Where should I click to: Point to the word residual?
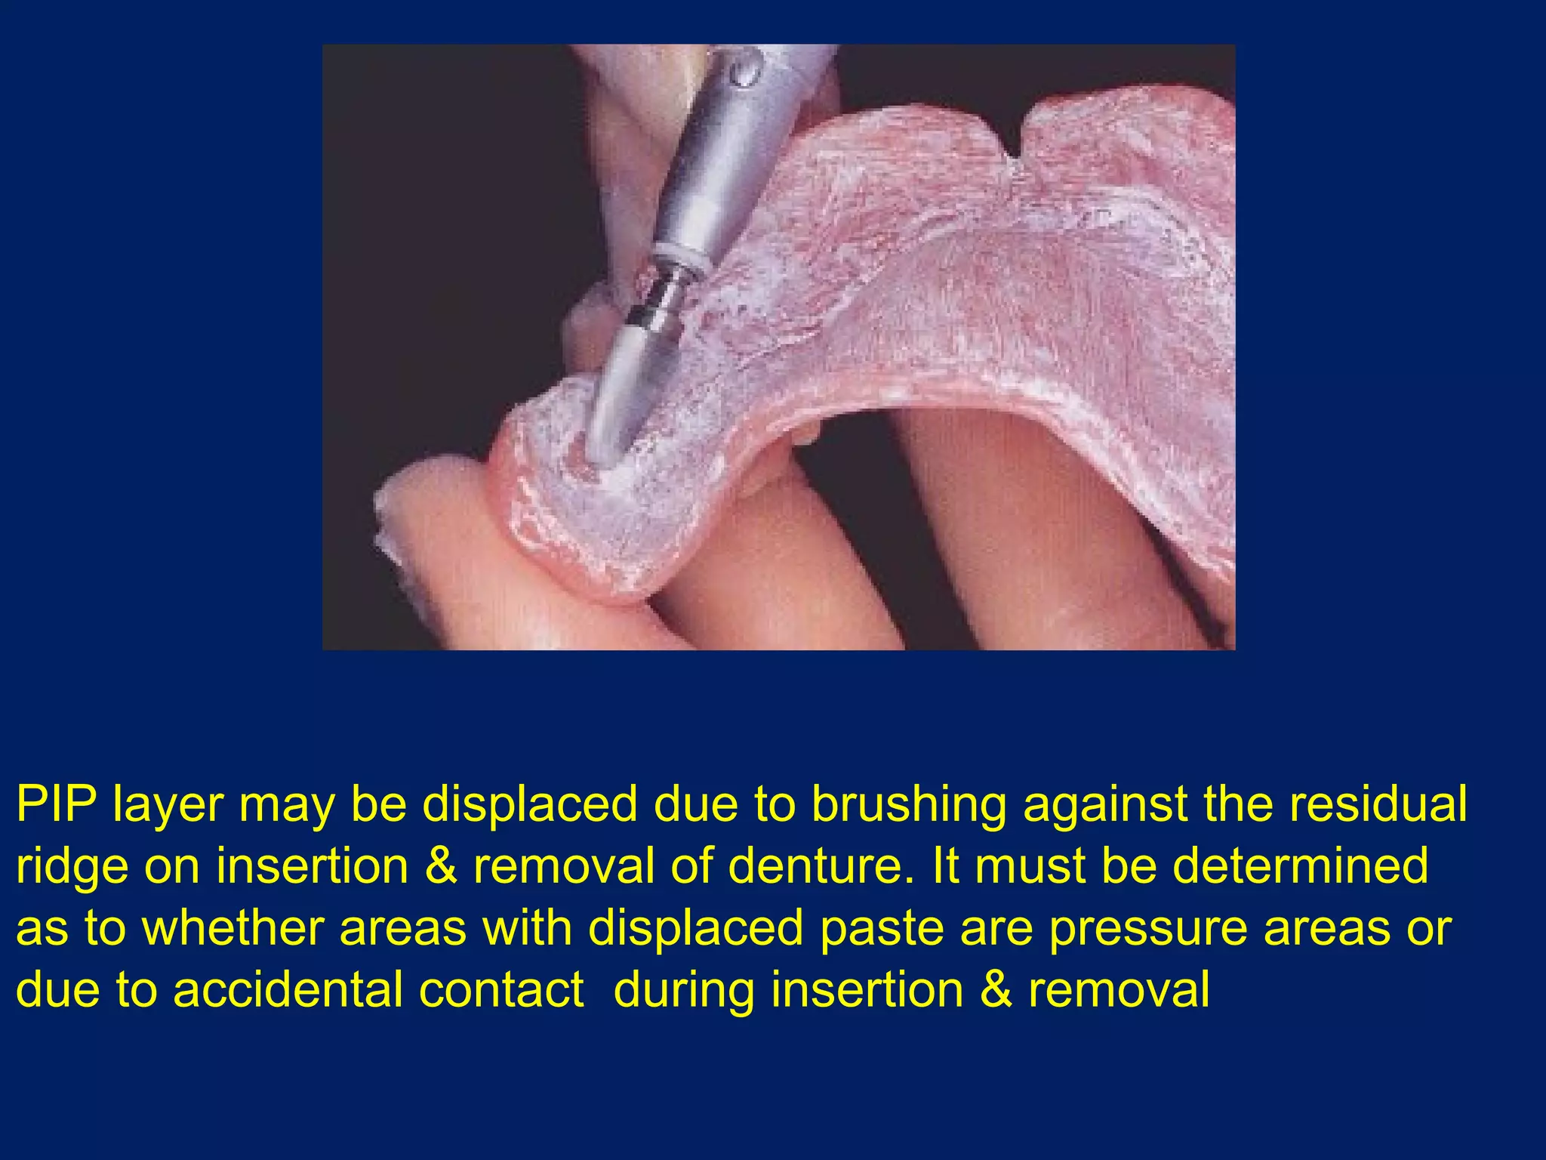[x=1378, y=804]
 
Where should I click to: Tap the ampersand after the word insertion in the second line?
[x=441, y=866]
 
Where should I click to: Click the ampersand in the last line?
[x=996, y=990]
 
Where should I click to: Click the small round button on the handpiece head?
[x=744, y=72]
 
